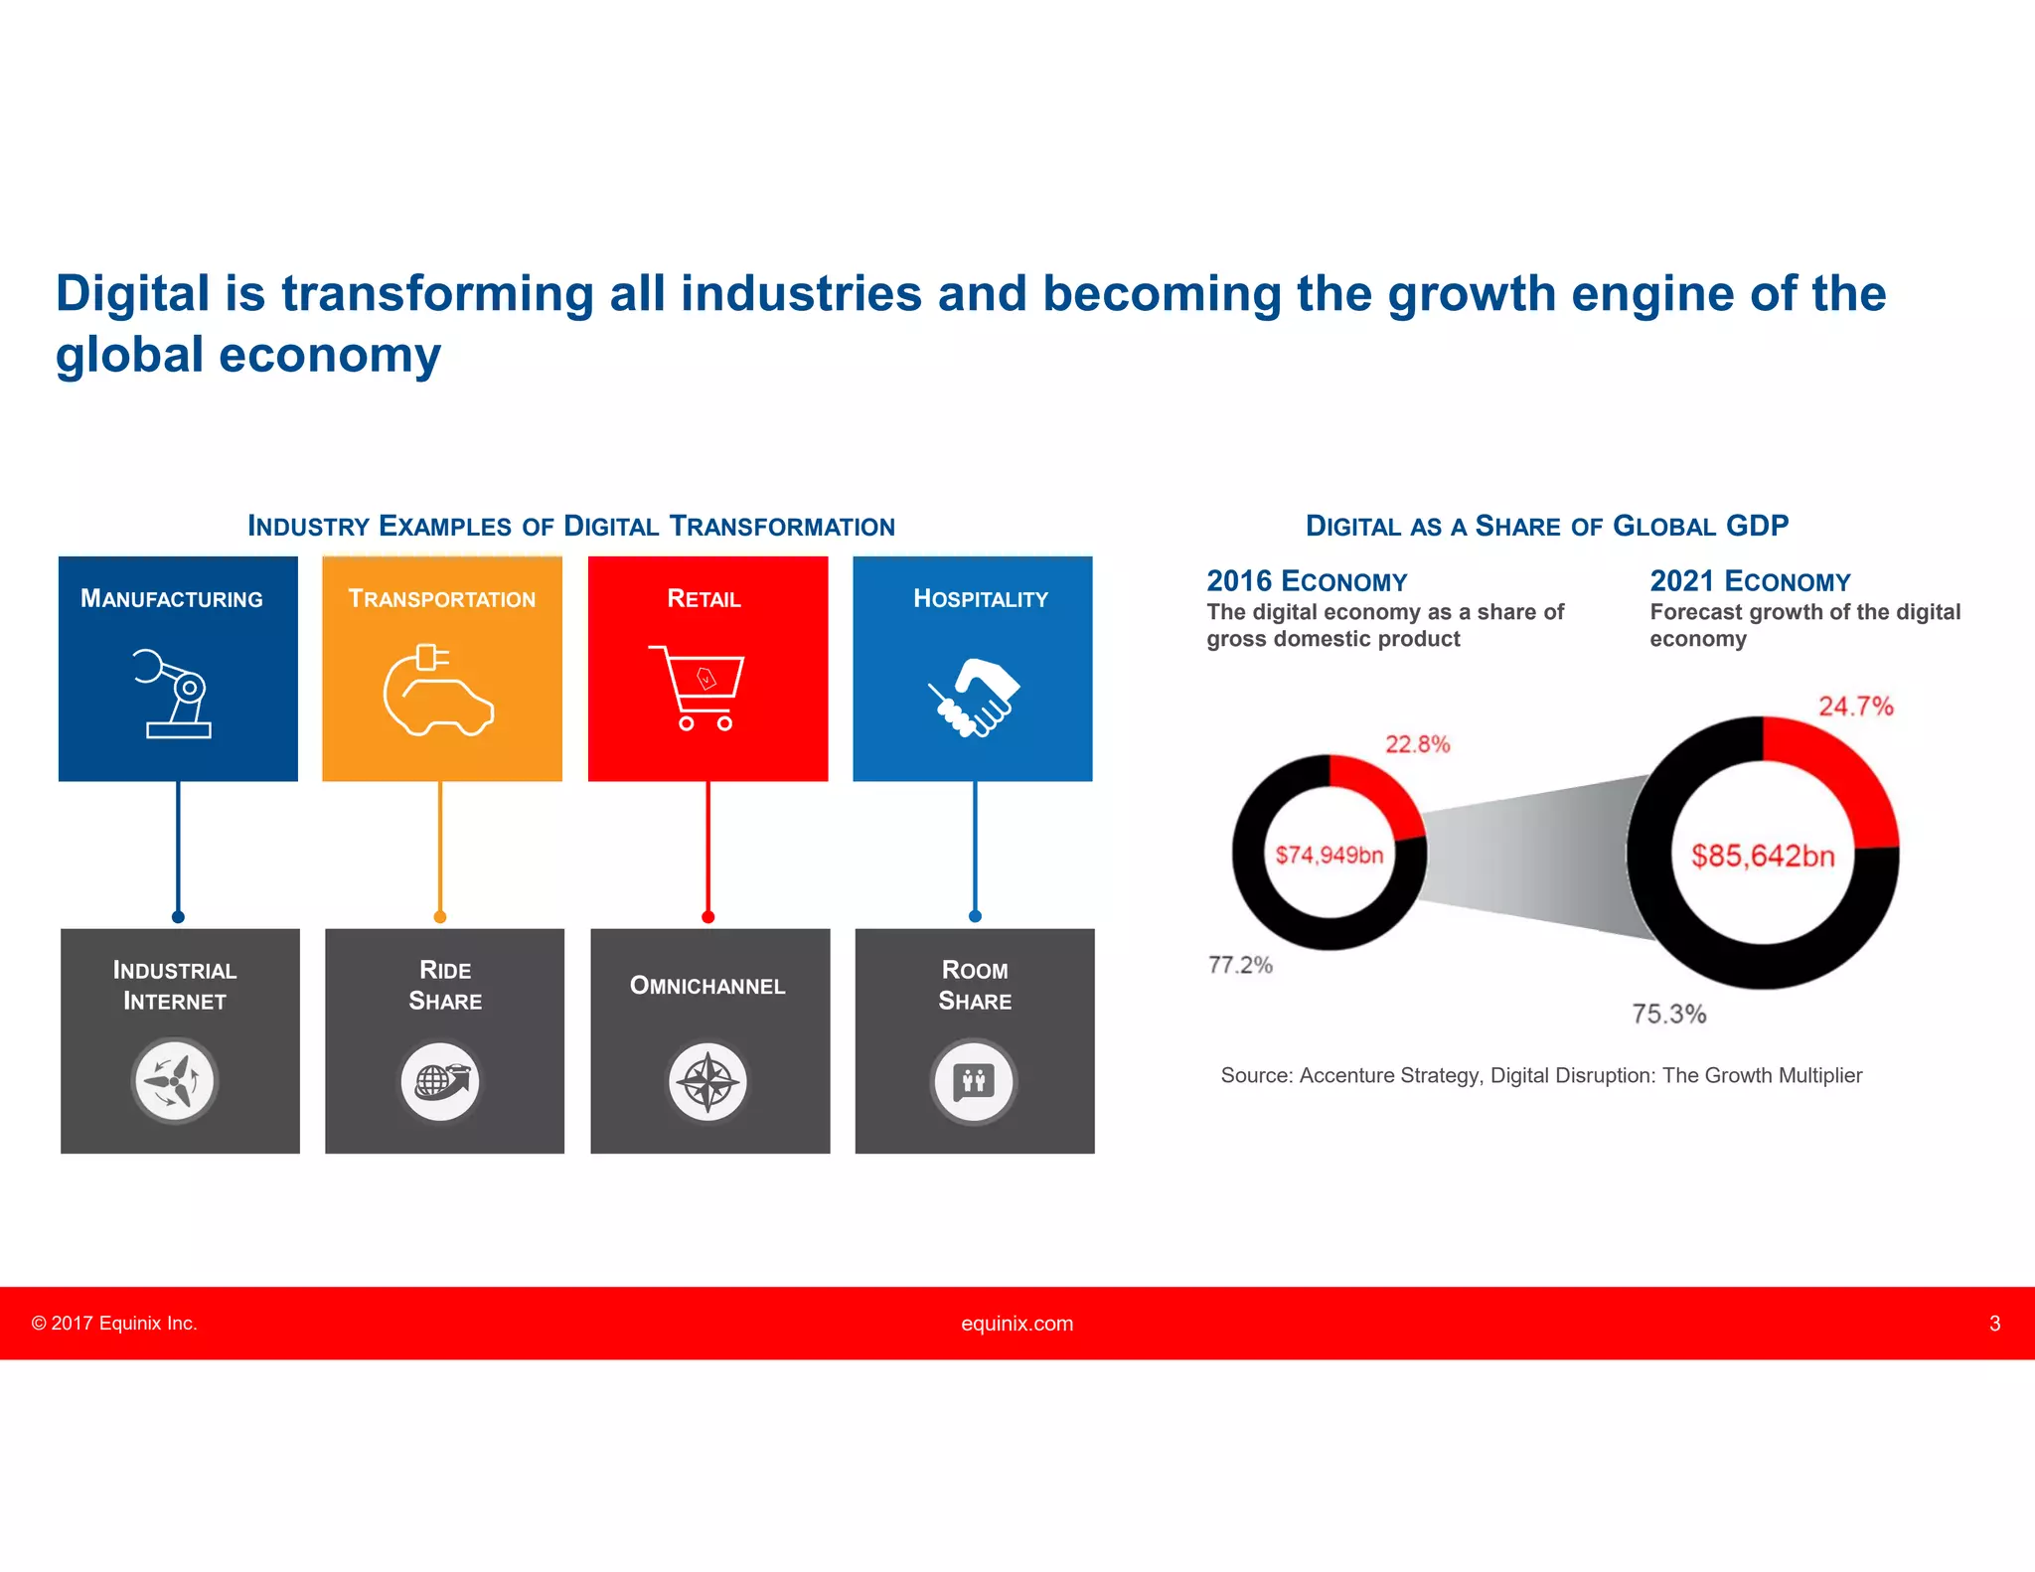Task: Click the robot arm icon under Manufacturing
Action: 173,693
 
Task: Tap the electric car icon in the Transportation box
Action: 438,692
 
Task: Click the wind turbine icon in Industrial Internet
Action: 175,1080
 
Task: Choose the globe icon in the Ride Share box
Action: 440,1081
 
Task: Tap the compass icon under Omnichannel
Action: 707,1081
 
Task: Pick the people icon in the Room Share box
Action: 974,1081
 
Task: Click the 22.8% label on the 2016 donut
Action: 1417,744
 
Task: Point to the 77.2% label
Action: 1240,965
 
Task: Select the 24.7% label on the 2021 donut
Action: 1855,707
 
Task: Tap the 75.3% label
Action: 1668,1014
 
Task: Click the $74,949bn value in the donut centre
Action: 1329,855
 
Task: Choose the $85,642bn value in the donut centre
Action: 1763,856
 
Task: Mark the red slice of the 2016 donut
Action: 1383,789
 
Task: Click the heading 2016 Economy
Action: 1307,581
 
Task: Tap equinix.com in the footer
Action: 1017,1324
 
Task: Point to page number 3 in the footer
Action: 1993,1324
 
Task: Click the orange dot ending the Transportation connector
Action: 440,916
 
